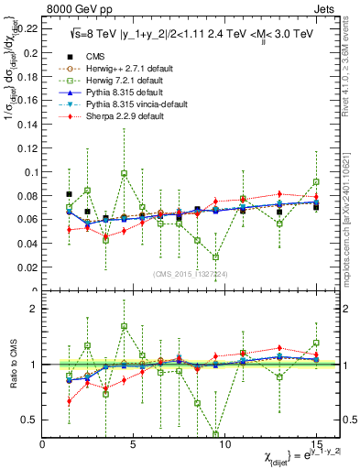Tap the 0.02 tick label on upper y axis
pyautogui.click(x=27, y=267)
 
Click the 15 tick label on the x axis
pyautogui.click(x=316, y=445)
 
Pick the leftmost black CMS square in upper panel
pyautogui.click(x=70, y=194)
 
